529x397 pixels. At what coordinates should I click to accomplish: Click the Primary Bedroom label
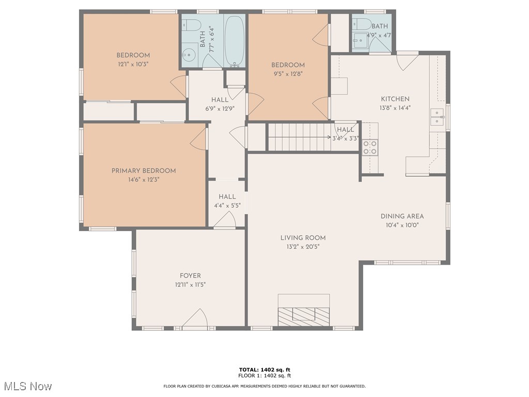pyautogui.click(x=144, y=171)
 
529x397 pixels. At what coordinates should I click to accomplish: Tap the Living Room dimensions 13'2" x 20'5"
pyautogui.click(x=303, y=247)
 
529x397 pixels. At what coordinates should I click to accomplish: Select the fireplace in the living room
pyautogui.click(x=304, y=313)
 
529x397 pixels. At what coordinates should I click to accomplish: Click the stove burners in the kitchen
pyautogui.click(x=370, y=147)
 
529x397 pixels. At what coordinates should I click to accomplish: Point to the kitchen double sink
pyautogui.click(x=437, y=117)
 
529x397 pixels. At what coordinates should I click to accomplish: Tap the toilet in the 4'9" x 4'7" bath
pyautogui.click(x=362, y=24)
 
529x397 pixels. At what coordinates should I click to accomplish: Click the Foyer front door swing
pyautogui.click(x=195, y=318)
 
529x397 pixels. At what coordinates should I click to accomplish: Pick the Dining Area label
pyautogui.click(x=402, y=216)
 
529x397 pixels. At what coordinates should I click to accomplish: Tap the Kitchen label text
pyautogui.click(x=395, y=99)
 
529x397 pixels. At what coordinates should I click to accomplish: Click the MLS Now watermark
pyautogui.click(x=27, y=386)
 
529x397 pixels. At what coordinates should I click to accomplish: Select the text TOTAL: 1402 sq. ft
pyautogui.click(x=264, y=370)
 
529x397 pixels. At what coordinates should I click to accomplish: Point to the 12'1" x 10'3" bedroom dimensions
pyautogui.click(x=133, y=65)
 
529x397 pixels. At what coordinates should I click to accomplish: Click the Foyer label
pyautogui.click(x=190, y=276)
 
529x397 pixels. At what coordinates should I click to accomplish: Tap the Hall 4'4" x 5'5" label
pyautogui.click(x=227, y=197)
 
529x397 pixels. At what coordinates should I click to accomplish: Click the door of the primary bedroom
pyautogui.click(x=199, y=139)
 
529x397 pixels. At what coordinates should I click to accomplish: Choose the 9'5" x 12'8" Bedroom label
pyautogui.click(x=288, y=65)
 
